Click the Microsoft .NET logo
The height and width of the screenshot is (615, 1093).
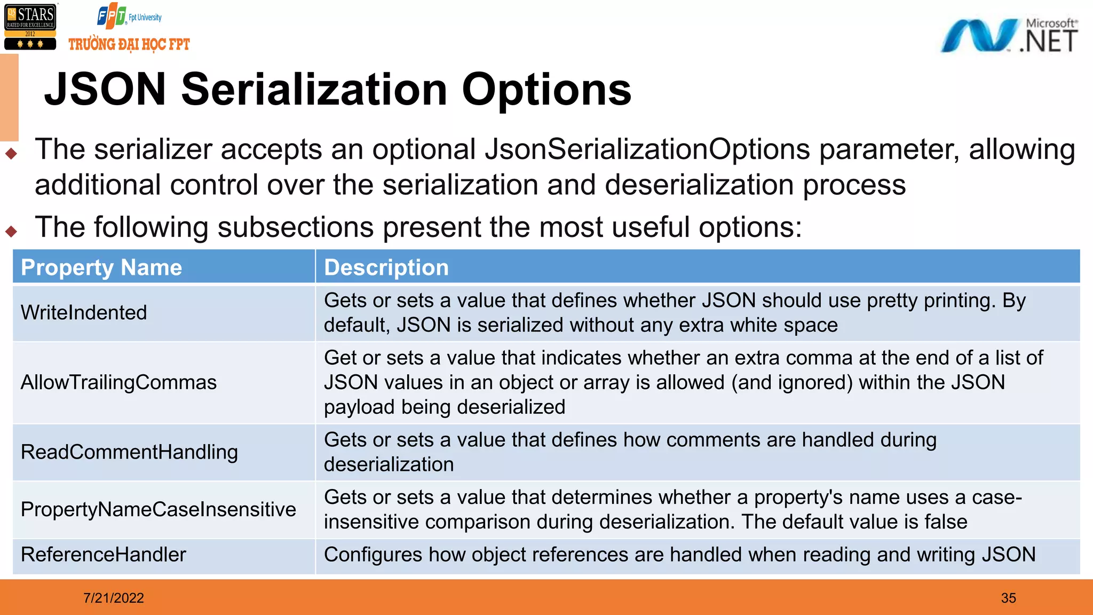[x=1009, y=36]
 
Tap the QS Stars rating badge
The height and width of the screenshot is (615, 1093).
[x=30, y=27]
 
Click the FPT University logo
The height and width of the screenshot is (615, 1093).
[x=129, y=17]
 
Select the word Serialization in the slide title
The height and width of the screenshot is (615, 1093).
[x=314, y=89]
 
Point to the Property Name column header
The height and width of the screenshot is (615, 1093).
[x=101, y=267]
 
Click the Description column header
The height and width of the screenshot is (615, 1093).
[x=386, y=267]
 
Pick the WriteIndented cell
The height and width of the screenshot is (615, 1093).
[x=84, y=312]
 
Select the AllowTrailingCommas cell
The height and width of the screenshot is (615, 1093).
[x=118, y=382]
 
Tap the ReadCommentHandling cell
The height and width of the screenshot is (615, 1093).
[x=129, y=452]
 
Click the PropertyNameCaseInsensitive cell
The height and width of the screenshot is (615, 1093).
[x=158, y=509]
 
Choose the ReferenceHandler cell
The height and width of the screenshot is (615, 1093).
[x=103, y=555]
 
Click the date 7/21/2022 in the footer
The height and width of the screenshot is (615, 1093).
[x=114, y=598]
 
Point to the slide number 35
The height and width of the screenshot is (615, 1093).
[x=1008, y=598]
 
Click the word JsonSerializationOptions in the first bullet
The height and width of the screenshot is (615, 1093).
[x=647, y=149]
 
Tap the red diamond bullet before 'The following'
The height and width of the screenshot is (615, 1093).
[x=11, y=231]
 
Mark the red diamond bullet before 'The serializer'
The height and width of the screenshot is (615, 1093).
[x=11, y=154]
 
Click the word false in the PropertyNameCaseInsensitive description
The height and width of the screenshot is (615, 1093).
[x=946, y=522]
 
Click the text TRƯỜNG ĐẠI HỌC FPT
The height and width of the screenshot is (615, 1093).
[x=129, y=44]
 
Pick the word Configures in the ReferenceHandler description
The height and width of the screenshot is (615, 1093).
[x=373, y=555]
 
